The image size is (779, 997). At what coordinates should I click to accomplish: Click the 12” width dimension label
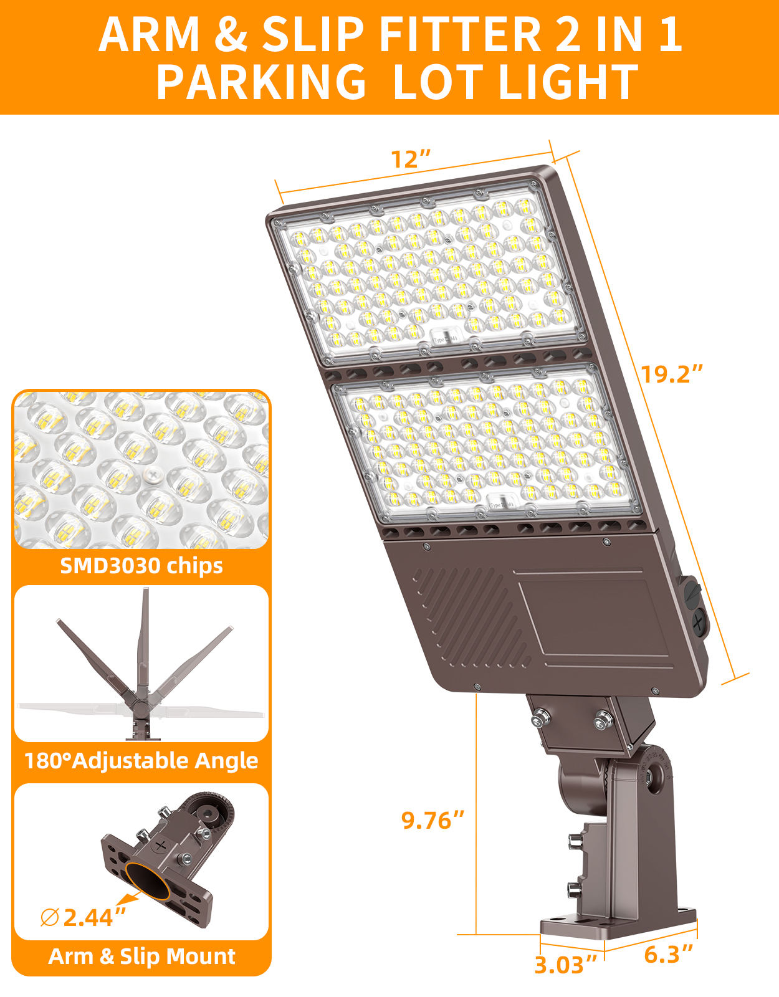(411, 159)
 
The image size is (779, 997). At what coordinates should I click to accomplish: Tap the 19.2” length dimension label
(672, 374)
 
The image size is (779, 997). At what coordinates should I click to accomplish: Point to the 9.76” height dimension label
(433, 820)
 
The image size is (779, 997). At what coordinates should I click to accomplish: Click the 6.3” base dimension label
(669, 954)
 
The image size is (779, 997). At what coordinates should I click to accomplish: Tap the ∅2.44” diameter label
(84, 917)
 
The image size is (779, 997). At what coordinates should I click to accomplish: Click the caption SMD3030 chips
(141, 566)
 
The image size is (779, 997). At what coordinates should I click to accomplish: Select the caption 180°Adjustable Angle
(141, 761)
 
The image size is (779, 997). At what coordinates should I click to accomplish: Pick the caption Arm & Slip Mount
(141, 956)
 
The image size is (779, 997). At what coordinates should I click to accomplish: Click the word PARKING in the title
(261, 83)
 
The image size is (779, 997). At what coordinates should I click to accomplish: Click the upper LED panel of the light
(430, 277)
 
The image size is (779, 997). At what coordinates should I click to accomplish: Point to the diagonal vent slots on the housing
(467, 617)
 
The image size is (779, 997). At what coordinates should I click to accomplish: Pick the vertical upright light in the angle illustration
(144, 648)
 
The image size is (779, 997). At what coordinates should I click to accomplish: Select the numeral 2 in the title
(566, 35)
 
